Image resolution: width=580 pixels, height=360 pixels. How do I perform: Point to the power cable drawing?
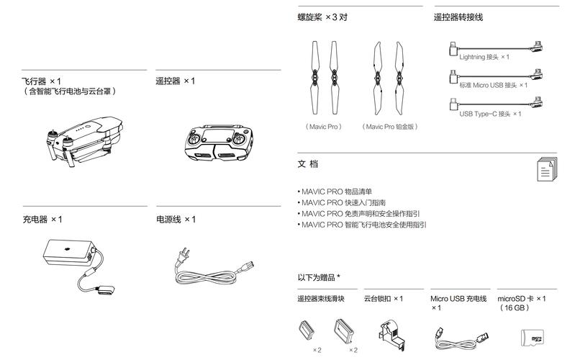[214, 266]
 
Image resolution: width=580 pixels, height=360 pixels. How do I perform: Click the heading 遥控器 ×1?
[176, 81]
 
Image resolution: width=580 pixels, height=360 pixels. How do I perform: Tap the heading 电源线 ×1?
[176, 219]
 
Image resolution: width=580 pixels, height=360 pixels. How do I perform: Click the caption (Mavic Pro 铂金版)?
[389, 126]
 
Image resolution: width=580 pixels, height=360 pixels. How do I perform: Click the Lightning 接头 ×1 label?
[484, 56]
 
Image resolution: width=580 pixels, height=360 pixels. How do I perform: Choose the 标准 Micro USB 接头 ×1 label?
[493, 85]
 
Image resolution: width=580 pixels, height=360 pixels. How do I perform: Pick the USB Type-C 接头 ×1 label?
[490, 114]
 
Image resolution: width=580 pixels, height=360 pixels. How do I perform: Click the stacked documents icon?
[547, 168]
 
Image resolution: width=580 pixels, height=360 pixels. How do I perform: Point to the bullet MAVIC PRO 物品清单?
[335, 192]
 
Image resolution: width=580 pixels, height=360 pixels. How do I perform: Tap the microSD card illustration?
[533, 338]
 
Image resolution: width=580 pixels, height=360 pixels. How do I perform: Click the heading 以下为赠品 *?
[319, 277]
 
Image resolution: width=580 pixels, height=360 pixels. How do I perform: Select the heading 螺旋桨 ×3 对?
[323, 16]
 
